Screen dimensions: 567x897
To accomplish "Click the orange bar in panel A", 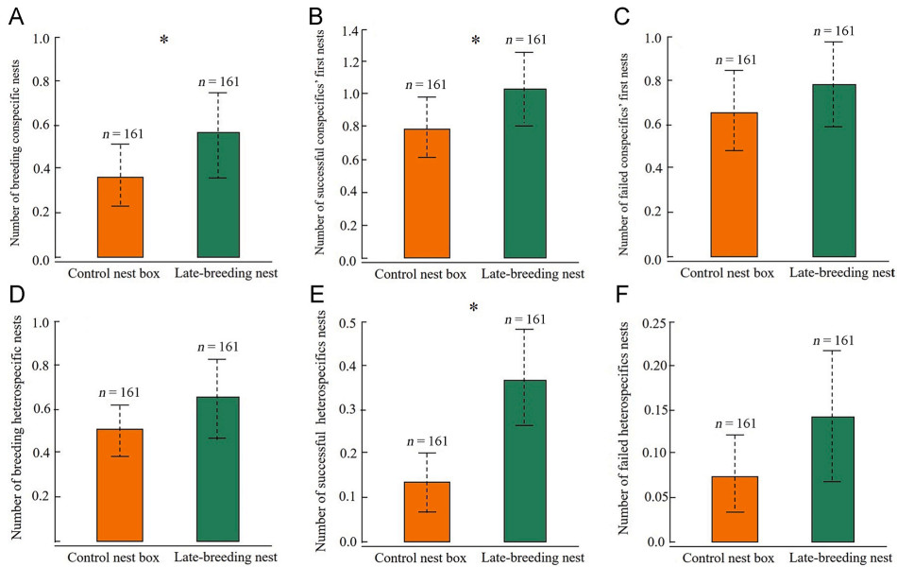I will pyautogui.click(x=120, y=217).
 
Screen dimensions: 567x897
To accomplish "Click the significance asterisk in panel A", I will pyautogui.click(x=163, y=40).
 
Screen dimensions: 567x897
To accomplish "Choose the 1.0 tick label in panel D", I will pyautogui.click(x=41, y=322).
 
